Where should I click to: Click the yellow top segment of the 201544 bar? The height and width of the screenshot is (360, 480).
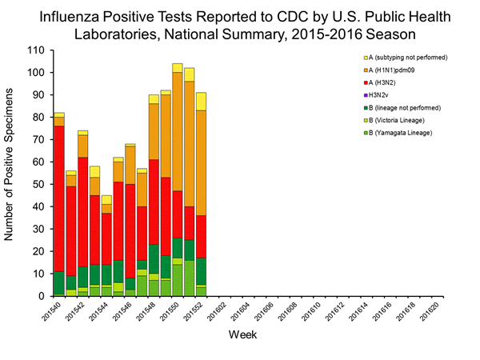coord(106,199)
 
